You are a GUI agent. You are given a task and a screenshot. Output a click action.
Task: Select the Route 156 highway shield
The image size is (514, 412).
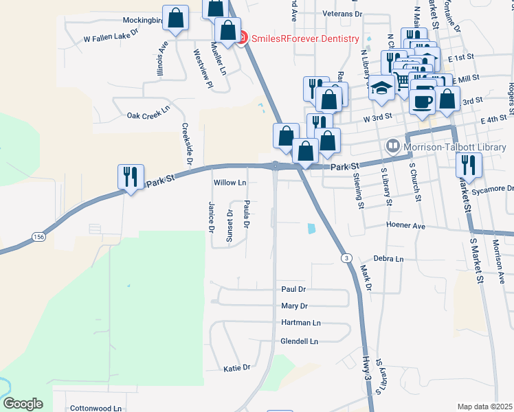coord(39,237)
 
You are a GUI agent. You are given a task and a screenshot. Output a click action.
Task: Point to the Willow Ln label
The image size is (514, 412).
coord(230,183)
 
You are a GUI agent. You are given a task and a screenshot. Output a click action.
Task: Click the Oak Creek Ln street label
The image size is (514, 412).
coord(148,115)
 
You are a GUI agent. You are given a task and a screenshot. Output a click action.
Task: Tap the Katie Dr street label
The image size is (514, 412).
coord(238,369)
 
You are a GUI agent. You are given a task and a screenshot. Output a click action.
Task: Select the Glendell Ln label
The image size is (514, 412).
coord(300,341)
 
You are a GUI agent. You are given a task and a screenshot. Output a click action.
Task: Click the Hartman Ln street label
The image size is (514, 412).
coord(300,323)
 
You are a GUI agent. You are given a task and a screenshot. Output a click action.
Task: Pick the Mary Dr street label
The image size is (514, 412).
coord(294,306)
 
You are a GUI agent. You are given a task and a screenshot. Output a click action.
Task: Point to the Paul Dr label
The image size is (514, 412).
coord(293,290)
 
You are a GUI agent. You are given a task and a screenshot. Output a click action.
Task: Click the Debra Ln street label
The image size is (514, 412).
coord(389,259)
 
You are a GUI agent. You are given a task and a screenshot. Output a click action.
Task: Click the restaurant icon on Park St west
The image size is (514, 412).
coord(130,177)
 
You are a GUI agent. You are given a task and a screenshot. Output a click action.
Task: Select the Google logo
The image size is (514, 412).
coord(23,404)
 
